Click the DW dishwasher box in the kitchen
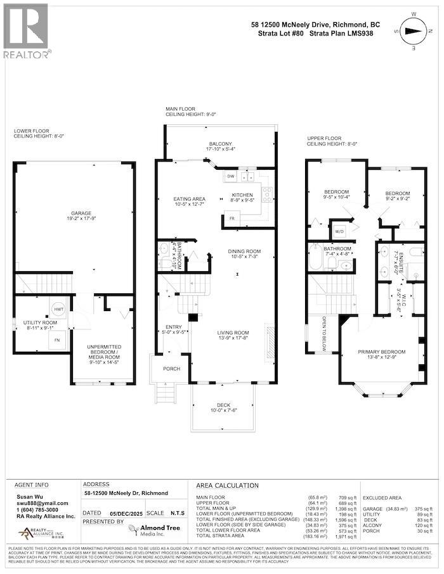pos(231,176)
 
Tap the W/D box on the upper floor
pos(336,231)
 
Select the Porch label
pos(171,368)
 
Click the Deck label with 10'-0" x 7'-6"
pos(223,408)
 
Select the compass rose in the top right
pos(415,30)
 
